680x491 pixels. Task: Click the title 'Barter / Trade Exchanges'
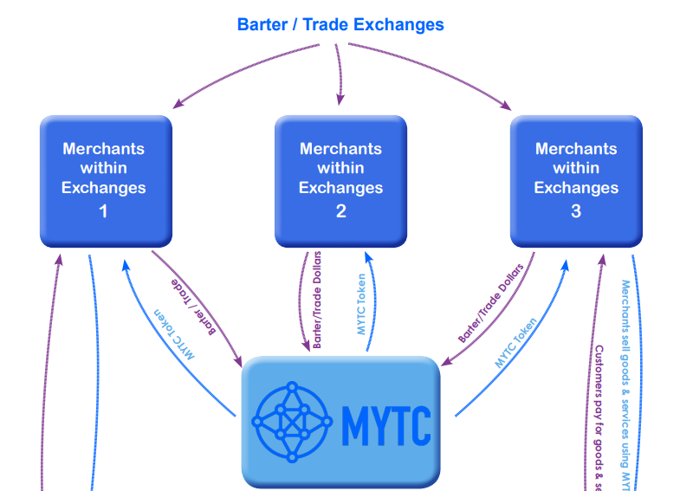[340, 24]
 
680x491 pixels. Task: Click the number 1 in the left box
[104, 210]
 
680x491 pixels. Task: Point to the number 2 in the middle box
[340, 210]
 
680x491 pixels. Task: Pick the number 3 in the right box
[576, 210]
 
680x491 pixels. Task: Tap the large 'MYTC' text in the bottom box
[385, 422]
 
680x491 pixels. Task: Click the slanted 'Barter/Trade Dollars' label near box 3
[491, 303]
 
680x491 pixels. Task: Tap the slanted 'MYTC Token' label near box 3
[516, 343]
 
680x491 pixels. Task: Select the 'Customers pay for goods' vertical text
[599, 416]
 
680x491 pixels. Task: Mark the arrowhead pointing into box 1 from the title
[178, 104]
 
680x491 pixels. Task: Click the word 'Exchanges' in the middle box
[340, 188]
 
